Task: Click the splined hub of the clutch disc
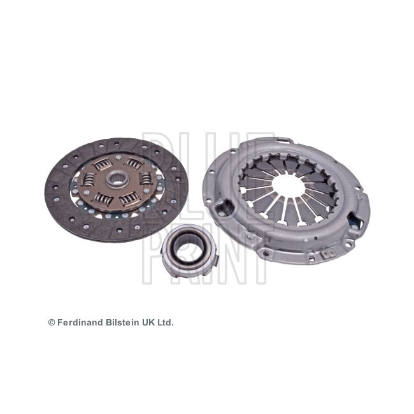117,180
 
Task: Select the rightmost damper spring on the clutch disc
145,178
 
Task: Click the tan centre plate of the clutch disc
117,183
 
